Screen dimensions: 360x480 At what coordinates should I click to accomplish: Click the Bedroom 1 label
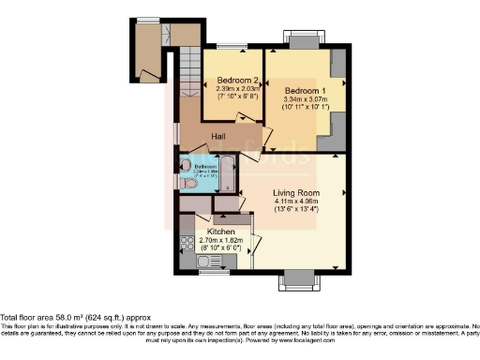(x=302, y=90)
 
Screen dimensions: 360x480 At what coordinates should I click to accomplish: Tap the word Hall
(x=218, y=137)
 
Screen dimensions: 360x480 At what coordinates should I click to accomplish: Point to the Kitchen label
(x=221, y=229)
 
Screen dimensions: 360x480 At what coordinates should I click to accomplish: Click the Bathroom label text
(x=205, y=167)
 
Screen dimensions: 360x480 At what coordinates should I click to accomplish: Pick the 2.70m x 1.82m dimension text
(x=221, y=239)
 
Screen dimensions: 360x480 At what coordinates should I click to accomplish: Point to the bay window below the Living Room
(x=299, y=278)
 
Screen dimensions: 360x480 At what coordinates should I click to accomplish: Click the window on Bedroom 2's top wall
(x=231, y=46)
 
